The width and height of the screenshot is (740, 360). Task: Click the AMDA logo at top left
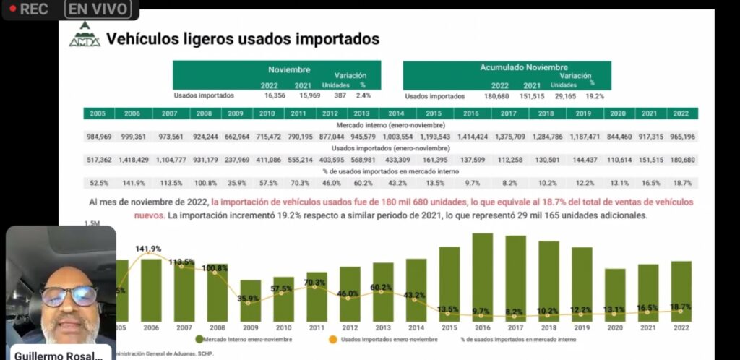[85, 35]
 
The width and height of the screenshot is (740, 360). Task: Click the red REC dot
[12, 9]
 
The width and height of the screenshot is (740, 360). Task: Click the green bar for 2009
[251, 300]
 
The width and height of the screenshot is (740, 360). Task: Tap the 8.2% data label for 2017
[515, 312]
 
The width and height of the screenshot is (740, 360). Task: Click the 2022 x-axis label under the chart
[681, 327]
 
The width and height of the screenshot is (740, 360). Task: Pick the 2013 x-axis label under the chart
[383, 327]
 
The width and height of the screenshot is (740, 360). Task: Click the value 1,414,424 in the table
[470, 137]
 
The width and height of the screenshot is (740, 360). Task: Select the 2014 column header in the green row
[395, 113]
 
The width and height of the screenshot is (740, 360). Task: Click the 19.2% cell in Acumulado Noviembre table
[595, 95]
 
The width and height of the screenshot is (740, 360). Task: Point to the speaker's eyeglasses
[69, 295]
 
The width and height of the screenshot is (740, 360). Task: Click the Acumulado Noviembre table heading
[524, 67]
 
